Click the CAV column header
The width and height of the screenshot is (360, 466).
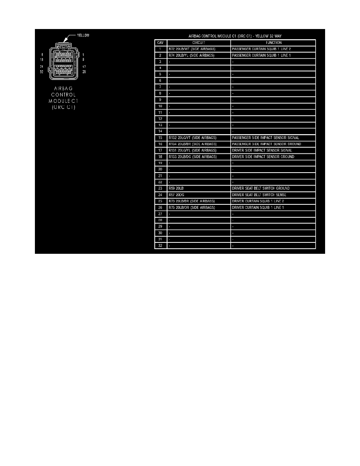pos(160,43)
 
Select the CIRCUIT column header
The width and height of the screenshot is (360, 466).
pos(199,43)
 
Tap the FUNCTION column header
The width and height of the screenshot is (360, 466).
pos(273,43)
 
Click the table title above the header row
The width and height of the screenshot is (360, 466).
pos(235,36)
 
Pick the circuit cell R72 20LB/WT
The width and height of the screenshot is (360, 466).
pos(192,49)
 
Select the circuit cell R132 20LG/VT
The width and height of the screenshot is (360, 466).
pos(193,138)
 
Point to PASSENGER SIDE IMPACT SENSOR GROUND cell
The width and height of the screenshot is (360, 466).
pos(267,144)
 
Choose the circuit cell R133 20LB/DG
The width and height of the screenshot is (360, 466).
pos(193,157)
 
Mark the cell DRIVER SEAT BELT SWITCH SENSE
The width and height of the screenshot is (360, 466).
pos(259,195)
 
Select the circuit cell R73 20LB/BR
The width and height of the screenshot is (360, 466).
pos(192,201)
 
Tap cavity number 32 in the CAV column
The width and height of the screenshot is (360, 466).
pos(160,246)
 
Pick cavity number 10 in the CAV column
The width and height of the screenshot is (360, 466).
pos(160,106)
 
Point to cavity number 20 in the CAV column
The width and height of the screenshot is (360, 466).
pos(160,169)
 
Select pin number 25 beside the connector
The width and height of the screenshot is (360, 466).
pos(84,72)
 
